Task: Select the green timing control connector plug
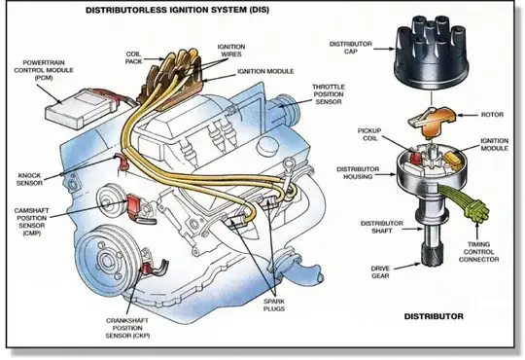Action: [477, 210]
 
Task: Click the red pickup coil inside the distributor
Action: [416, 158]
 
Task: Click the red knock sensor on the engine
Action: [122, 161]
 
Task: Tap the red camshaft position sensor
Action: [134, 203]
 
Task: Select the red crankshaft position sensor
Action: [147, 268]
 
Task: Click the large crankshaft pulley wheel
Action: [107, 259]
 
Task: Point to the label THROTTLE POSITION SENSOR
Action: [329, 94]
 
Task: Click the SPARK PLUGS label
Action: [274, 305]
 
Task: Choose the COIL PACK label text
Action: [133, 57]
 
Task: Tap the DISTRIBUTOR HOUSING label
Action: [358, 173]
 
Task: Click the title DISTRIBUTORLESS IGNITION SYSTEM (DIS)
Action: [177, 10]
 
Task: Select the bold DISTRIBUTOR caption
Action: [434, 316]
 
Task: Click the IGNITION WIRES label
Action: [231, 51]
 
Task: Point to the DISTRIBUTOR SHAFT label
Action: [382, 227]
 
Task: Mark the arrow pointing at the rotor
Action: [467, 115]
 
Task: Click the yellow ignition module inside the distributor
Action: [453, 158]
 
